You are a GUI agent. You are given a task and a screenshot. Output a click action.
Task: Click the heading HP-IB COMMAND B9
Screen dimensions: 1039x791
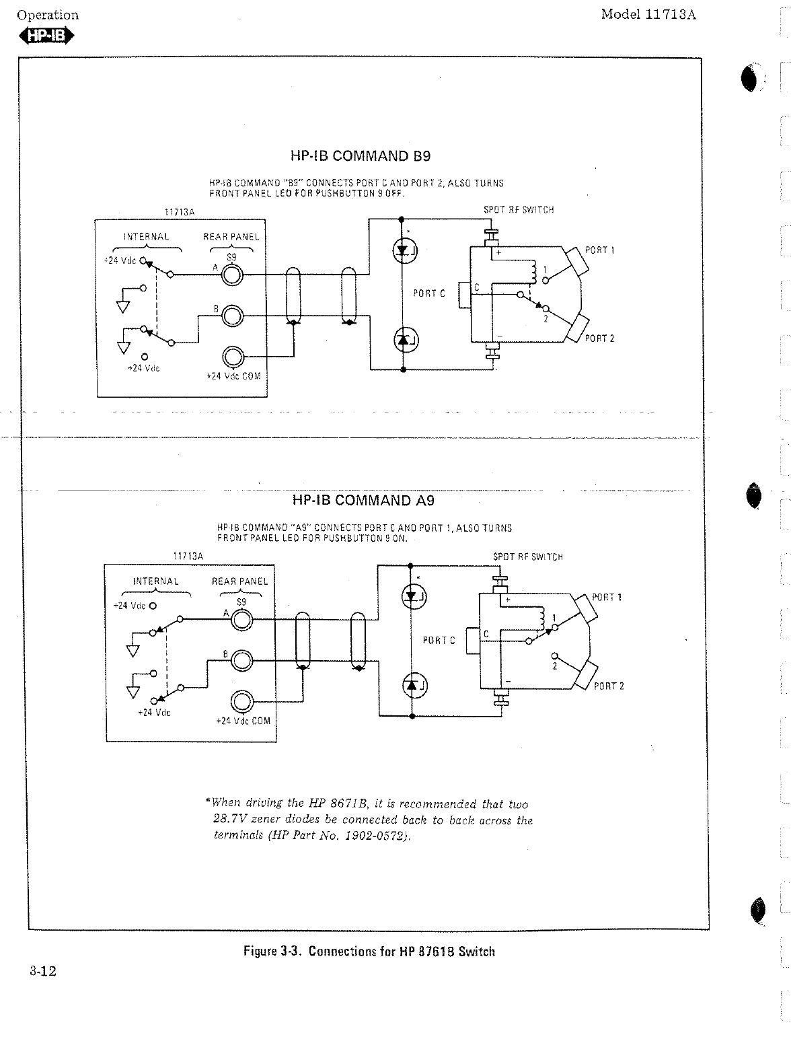360,156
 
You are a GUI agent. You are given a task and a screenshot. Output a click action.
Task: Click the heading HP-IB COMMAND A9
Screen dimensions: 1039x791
363,500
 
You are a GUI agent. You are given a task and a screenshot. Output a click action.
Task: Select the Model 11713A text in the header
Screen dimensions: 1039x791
648,15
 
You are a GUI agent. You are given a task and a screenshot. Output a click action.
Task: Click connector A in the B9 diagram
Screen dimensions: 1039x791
233,275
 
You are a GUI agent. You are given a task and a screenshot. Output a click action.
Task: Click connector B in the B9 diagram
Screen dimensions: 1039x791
233,315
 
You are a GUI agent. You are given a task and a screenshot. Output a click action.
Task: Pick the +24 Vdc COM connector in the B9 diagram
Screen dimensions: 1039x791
233,356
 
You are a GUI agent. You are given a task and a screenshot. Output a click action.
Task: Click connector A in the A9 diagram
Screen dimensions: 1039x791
241,619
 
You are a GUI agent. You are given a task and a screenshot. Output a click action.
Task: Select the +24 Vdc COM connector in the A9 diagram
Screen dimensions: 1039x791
241,703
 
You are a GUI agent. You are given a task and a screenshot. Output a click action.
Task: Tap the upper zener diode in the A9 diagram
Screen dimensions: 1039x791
413,596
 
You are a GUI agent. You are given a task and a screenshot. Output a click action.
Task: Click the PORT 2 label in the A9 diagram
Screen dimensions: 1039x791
609,686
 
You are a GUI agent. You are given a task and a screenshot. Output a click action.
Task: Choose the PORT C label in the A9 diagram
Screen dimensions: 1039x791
439,641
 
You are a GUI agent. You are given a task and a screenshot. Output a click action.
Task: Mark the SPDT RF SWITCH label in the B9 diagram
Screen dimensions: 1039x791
519,210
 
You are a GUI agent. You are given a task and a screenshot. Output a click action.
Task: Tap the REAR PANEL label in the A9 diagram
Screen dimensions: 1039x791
239,581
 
